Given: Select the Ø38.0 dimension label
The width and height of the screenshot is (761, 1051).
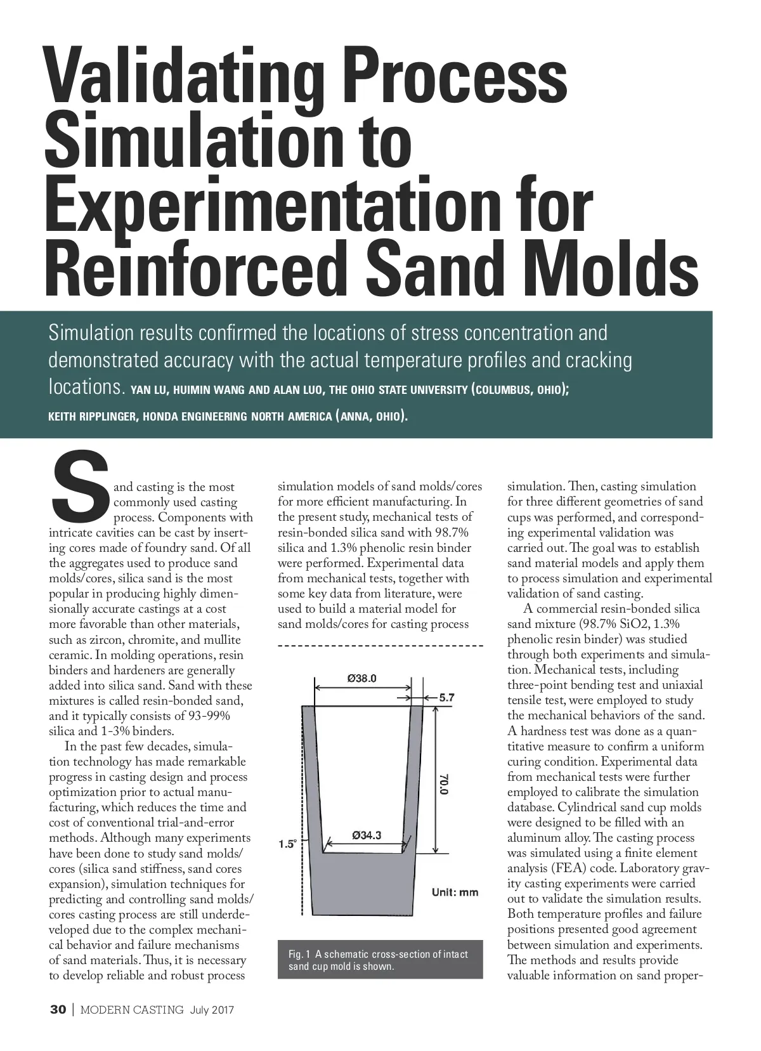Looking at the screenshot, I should click(x=362, y=678).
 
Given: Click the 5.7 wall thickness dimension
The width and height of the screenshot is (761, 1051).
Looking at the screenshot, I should click(x=446, y=698).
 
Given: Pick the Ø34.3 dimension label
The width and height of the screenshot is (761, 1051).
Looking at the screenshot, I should click(x=367, y=835).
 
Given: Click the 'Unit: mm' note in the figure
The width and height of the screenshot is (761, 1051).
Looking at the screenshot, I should click(x=455, y=892).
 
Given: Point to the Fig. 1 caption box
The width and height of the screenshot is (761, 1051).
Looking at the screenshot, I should click(x=380, y=960).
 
